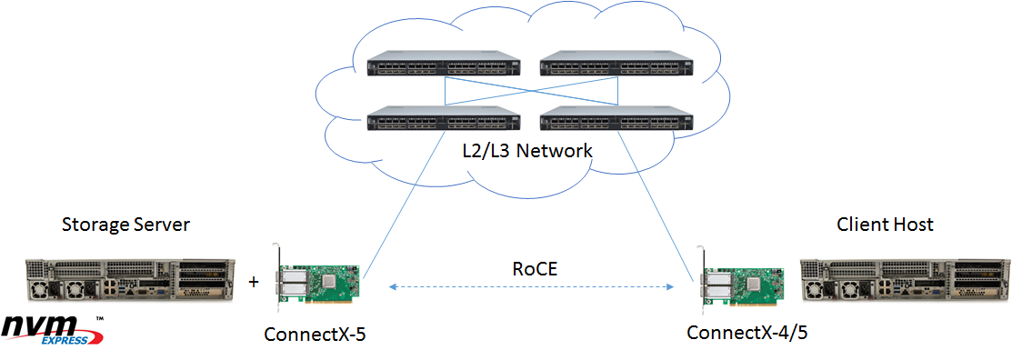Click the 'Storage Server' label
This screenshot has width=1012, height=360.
[x=125, y=225]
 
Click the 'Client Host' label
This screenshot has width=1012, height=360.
[x=886, y=225]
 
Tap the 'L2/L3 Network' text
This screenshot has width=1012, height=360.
[x=526, y=151]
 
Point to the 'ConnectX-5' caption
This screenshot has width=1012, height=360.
[x=314, y=334]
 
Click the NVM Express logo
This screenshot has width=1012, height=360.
[x=54, y=330]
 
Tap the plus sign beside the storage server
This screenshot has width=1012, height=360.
[x=253, y=283]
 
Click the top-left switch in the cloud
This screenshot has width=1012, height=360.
[x=443, y=66]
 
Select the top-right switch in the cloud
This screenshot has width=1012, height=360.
[x=615, y=66]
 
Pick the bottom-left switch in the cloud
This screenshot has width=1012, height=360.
[x=443, y=120]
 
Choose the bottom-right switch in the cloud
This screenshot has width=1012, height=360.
[x=615, y=120]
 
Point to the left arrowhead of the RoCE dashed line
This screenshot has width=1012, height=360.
[x=393, y=286]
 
